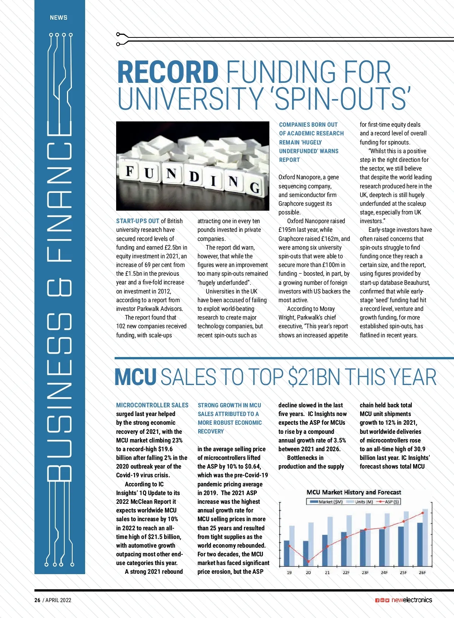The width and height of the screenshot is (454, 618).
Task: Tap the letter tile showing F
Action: (130, 171)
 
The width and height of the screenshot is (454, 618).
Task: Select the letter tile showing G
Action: (255, 187)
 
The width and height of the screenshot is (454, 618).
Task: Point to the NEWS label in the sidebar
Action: (59, 17)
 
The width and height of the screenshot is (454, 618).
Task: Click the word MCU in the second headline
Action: (135, 377)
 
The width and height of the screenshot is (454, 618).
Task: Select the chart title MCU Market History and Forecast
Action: (354, 492)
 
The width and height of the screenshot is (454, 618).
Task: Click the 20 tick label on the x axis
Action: (308, 573)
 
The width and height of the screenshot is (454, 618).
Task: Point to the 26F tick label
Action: (422, 573)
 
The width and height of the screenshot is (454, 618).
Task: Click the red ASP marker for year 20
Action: (308, 562)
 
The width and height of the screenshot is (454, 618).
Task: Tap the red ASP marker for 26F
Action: (423, 513)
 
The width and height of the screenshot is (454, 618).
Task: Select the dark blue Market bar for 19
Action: (287, 553)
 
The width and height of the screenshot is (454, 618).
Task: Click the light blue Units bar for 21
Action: (330, 541)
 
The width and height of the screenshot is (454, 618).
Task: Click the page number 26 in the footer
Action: (37, 600)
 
